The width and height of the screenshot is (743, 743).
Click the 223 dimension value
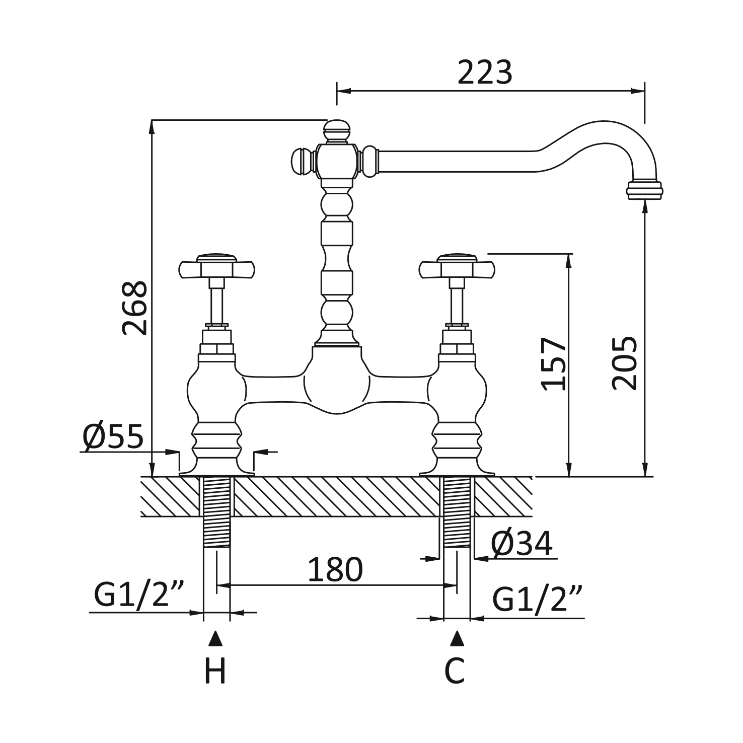pyautogui.click(x=485, y=72)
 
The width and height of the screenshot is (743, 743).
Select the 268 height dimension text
pyautogui.click(x=135, y=308)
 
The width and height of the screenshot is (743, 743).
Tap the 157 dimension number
pyautogui.click(x=554, y=363)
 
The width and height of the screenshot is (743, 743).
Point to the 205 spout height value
pyautogui.click(x=625, y=362)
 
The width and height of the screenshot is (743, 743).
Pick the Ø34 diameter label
pyautogui.click(x=522, y=543)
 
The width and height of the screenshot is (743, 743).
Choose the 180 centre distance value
pyautogui.click(x=335, y=569)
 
